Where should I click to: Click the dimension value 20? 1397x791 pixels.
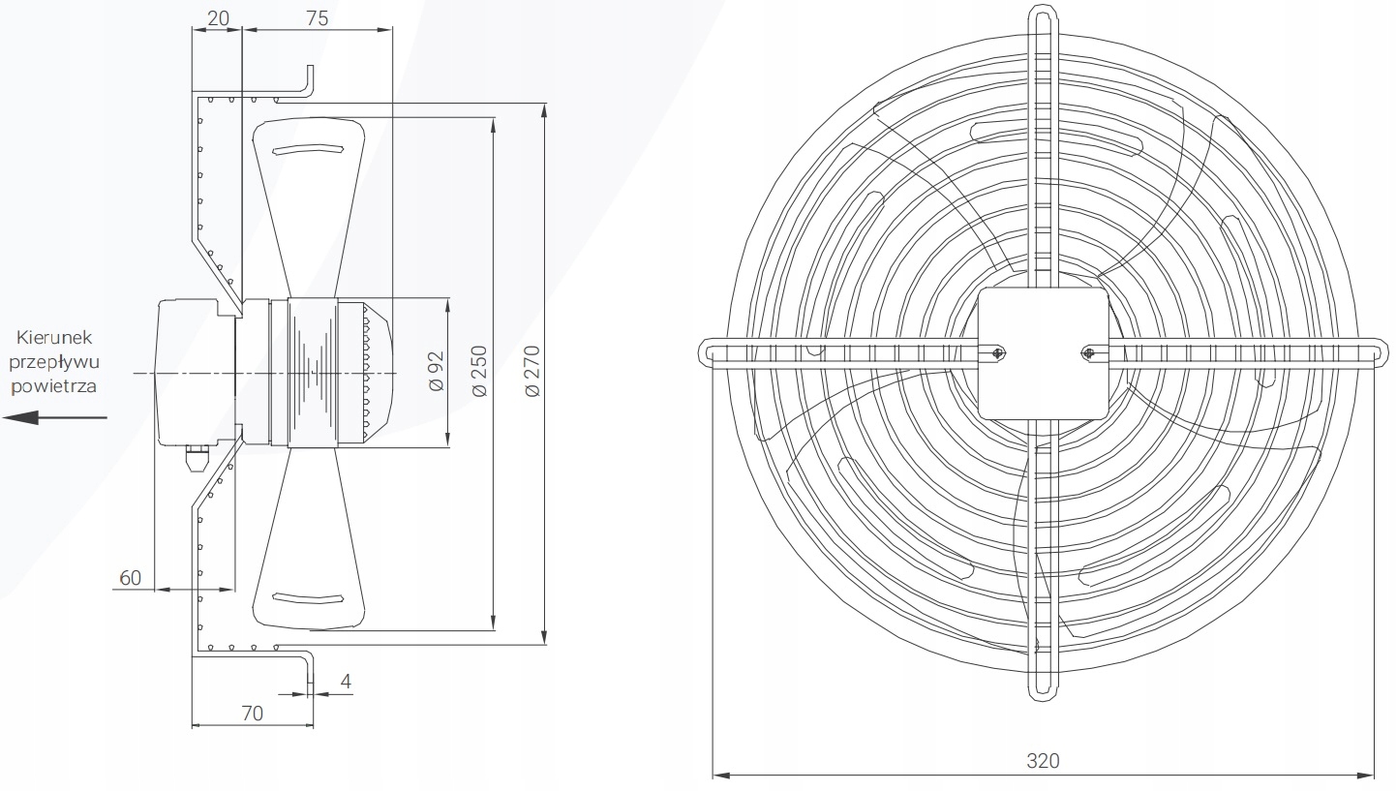(218, 18)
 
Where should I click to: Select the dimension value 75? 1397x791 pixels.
(317, 18)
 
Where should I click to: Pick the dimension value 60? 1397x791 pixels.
(131, 578)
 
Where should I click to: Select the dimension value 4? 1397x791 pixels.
(347, 681)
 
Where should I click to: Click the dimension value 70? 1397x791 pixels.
(252, 713)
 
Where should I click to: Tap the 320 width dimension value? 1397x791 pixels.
(1043, 761)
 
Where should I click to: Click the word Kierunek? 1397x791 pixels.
(54, 338)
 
